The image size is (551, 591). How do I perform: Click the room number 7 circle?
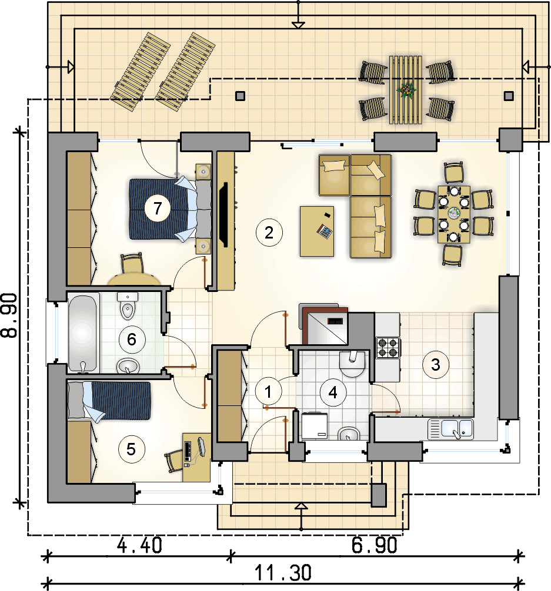coord(158,208)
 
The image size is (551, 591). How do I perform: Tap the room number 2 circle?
coord(269,233)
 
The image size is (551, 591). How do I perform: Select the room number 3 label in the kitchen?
coord(436,364)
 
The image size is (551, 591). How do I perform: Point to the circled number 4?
coord(333,392)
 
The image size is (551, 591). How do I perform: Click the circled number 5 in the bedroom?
coord(131,449)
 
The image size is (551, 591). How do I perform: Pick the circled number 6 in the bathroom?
coord(132,339)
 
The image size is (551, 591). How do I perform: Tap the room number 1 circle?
coord(268,392)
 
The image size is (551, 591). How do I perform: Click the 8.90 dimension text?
coord(9,315)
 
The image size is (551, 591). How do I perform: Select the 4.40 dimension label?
coord(139,545)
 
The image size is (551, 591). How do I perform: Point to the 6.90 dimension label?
coord(375,545)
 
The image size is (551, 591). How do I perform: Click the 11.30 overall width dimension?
coord(283,573)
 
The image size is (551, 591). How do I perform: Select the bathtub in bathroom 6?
coord(83,333)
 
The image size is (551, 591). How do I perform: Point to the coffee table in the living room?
coord(317,231)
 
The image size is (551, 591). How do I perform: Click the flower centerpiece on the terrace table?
coord(406,90)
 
